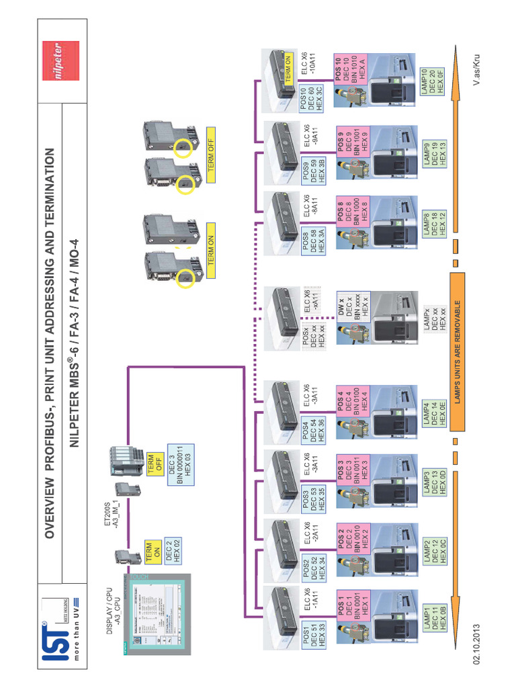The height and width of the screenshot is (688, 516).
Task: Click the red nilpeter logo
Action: coord(60,60)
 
